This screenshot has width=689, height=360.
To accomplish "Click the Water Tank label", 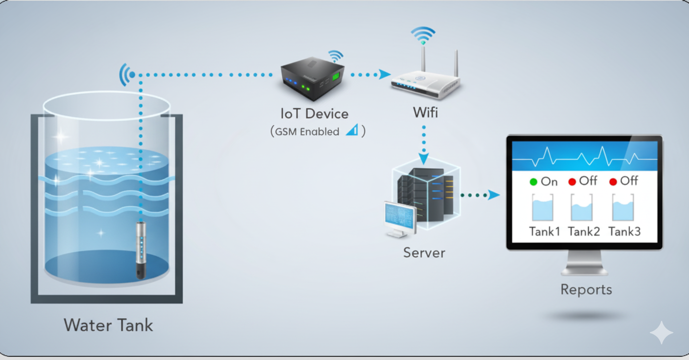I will tap(108, 325).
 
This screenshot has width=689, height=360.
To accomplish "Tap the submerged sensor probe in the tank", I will tap(140, 249).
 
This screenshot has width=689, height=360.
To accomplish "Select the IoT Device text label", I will tap(314, 114).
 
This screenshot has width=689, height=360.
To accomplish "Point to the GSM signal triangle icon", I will tap(352, 130).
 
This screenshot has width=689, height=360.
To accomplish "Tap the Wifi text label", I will tap(425, 112).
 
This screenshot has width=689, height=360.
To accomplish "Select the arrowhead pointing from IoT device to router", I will tap(385, 74).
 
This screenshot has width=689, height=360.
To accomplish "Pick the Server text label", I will tap(424, 253).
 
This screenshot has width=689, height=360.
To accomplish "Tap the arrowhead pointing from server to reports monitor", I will tap(494, 195).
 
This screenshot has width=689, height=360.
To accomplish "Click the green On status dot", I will tap(534, 182).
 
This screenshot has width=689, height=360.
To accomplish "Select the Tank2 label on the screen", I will tap(584, 231).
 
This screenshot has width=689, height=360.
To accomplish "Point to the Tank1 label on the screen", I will tap(544, 231).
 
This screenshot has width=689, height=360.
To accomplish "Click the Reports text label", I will tap(586, 290).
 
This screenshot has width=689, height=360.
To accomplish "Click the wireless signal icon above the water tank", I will tap(128, 75).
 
